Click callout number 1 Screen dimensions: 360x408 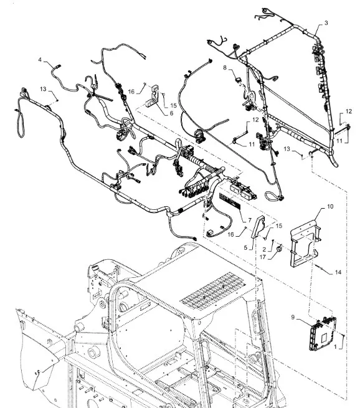[335, 347]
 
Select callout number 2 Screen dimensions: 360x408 [264, 249]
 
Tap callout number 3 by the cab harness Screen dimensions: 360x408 [326, 23]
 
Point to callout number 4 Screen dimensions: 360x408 [40, 60]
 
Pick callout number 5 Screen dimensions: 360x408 [245, 247]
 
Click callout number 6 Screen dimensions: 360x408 [171, 113]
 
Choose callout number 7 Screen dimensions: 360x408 [250, 220]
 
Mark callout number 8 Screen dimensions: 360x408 [225, 68]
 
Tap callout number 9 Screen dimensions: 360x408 [293, 317]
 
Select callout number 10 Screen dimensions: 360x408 [330, 206]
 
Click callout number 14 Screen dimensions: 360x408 [338, 272]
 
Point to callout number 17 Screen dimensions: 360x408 [263, 257]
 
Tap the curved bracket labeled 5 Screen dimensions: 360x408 [257, 226]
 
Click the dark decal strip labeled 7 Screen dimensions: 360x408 [230, 201]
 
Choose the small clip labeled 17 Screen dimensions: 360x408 [279, 248]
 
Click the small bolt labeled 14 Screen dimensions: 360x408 [320, 267]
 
